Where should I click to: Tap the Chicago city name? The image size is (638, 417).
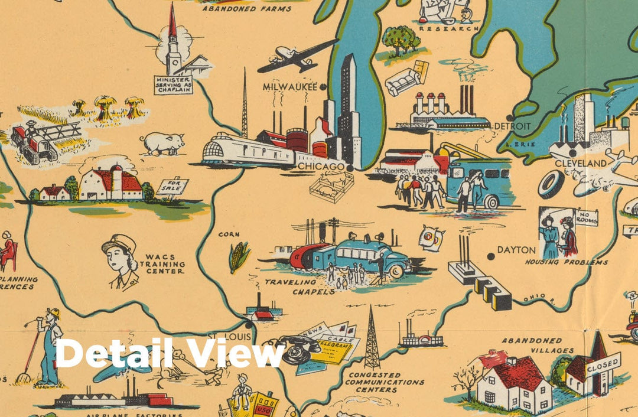tap(321, 167)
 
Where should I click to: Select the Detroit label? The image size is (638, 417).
tap(512, 126)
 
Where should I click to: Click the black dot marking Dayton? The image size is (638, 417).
tap(490, 256)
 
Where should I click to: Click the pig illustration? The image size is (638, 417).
tap(162, 143)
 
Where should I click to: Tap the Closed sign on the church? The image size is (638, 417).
tap(603, 364)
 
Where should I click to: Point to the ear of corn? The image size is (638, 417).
tap(239, 256)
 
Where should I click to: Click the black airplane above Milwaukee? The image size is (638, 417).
tap(297, 57)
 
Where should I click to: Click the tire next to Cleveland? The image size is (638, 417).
tap(551, 184)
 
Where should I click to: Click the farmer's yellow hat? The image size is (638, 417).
tap(54, 313)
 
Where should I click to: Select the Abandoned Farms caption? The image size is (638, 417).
tap(246, 9)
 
